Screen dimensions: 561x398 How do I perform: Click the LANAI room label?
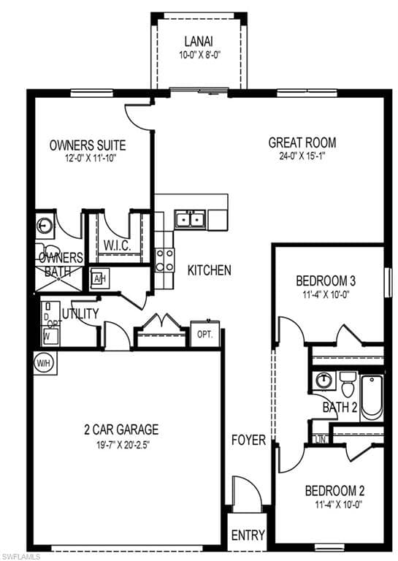198,42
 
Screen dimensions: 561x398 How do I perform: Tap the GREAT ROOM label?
302,142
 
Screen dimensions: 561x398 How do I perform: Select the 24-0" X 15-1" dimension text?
302,156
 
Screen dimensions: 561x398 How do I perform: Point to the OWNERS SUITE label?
88,145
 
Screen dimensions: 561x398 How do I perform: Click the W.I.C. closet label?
117,245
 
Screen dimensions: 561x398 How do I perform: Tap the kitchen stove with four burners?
165,260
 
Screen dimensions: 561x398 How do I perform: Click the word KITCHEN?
210,270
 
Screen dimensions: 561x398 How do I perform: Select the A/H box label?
99,278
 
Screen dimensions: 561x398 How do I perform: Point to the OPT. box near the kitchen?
205,334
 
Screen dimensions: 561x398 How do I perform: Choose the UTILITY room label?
80,313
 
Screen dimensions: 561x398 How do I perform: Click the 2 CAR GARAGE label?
121,430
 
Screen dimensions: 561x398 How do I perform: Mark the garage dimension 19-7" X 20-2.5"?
121,443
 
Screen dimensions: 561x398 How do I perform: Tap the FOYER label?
248,440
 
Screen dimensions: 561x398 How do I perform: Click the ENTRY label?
248,535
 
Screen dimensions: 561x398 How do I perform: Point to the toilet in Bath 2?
348,382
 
